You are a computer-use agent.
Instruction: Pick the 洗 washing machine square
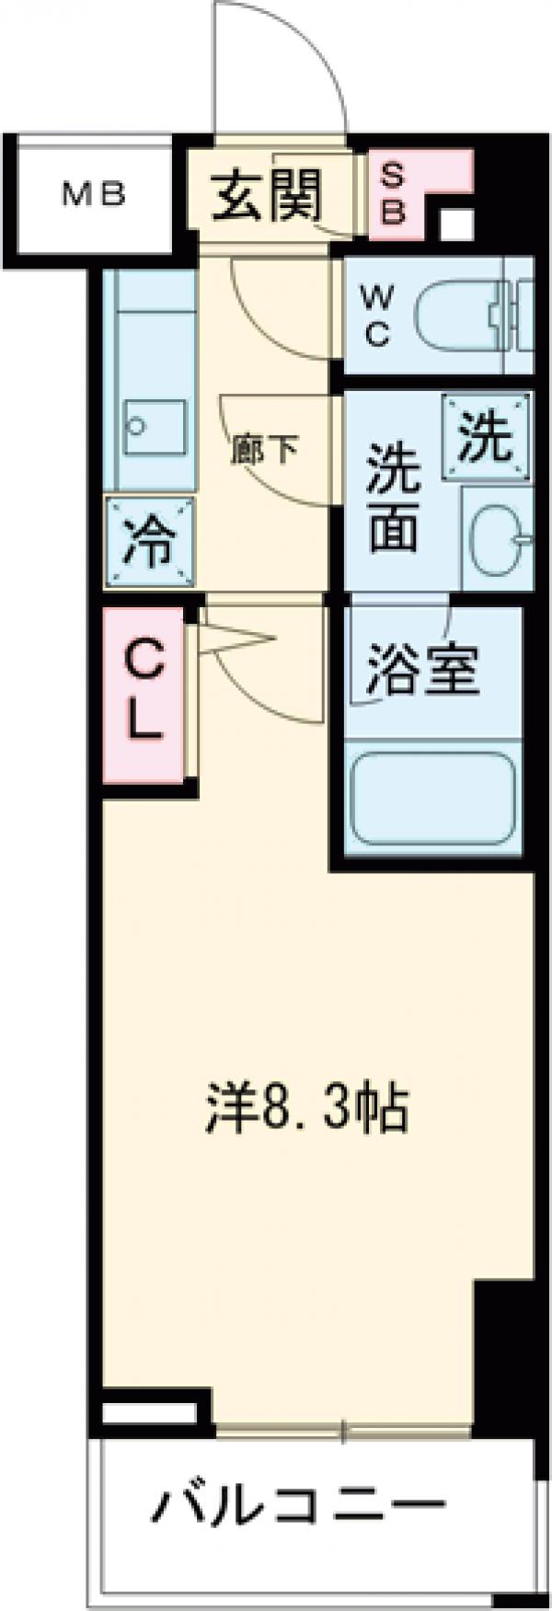click(487, 437)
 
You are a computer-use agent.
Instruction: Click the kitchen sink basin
click(155, 427)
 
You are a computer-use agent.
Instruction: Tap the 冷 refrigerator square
click(151, 542)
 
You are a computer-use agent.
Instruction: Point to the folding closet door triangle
click(235, 639)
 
